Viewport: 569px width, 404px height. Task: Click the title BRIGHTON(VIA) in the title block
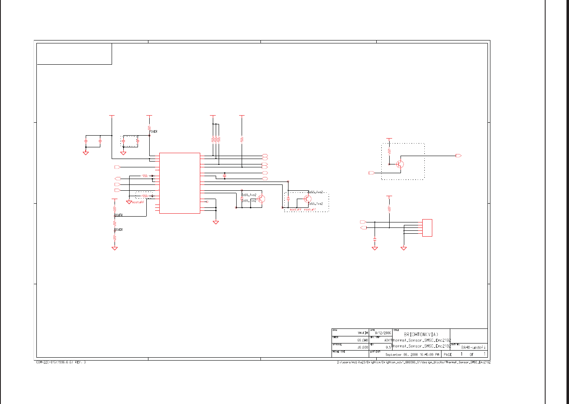click(421, 334)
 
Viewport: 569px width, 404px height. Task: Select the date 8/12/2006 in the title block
click(383, 333)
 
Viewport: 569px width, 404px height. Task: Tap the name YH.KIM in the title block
click(362, 333)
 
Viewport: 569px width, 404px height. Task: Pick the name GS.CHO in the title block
click(362, 340)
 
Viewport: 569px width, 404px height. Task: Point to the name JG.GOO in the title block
click(362, 347)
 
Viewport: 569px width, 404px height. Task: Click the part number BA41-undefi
click(473, 347)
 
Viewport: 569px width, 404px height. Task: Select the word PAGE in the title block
click(448, 354)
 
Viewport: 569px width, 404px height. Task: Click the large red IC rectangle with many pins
click(180, 183)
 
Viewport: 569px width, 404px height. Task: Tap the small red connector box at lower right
click(427, 228)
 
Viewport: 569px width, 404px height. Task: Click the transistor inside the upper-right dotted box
click(400, 164)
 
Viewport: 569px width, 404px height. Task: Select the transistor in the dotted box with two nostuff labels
click(307, 198)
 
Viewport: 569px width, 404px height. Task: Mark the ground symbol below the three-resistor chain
click(115, 248)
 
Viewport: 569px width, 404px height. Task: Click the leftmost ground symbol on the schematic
click(86, 153)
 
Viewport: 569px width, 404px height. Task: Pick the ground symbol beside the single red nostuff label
click(129, 202)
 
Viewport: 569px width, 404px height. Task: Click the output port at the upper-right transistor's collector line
click(458, 156)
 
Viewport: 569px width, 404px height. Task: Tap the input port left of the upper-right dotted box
click(371, 172)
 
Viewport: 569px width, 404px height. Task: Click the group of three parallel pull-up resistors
click(215, 139)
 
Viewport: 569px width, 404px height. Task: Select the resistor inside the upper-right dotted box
click(389, 151)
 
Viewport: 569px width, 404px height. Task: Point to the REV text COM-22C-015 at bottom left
click(61, 362)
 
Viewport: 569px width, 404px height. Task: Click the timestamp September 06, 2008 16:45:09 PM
click(412, 354)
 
